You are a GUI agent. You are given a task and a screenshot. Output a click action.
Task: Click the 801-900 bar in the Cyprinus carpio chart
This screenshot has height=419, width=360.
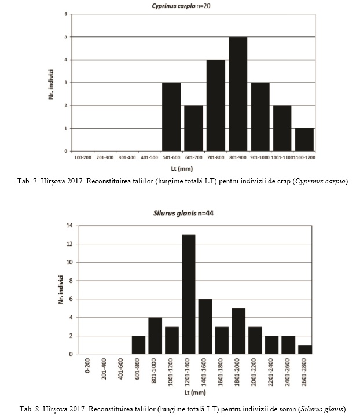[238, 94]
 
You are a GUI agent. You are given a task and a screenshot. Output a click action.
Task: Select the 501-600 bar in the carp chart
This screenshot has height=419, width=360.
[171, 117]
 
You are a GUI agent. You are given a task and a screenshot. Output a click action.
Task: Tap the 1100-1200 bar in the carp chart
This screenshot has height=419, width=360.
[304, 139]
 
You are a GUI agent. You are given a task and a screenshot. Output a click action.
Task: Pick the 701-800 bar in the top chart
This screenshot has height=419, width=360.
[216, 105]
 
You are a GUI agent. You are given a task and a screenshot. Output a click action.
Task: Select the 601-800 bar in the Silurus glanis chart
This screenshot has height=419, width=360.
[139, 345]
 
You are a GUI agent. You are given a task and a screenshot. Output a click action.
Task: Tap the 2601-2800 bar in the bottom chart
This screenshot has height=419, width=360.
[305, 350]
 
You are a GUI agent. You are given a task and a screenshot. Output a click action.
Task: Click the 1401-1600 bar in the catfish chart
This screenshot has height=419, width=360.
[205, 326]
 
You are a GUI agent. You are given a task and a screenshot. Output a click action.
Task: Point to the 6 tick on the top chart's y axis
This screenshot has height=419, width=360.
[65, 14]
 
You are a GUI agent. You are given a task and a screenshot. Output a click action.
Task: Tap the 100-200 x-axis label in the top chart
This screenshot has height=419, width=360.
[83, 157]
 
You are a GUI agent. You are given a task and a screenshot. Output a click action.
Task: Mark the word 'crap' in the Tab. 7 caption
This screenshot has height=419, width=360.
[284, 182]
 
